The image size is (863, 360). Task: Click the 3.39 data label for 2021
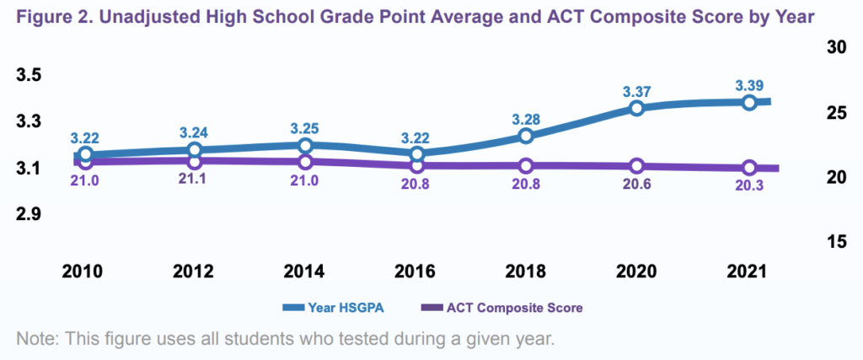click(749, 86)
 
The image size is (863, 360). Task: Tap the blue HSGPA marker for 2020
click(636, 108)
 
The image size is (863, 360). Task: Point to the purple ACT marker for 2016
click(415, 165)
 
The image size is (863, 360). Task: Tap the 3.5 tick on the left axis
click(29, 75)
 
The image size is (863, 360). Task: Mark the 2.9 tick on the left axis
click(29, 215)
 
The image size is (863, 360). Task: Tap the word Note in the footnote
click(35, 340)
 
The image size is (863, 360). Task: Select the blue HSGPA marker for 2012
click(195, 150)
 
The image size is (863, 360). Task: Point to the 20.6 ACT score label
click(636, 185)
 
